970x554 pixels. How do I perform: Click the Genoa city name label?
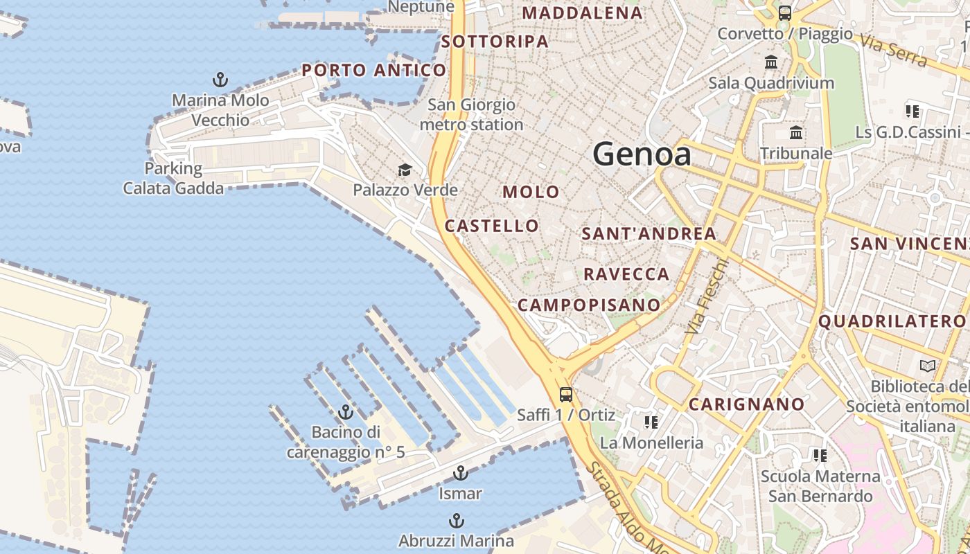642,154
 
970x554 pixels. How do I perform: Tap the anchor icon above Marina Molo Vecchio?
220,80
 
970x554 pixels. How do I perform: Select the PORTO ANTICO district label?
374,70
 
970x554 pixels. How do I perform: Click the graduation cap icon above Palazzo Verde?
405,170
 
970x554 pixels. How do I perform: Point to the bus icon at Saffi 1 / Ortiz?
566,395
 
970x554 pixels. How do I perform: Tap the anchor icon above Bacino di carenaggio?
346,413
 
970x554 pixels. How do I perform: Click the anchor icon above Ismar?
460,474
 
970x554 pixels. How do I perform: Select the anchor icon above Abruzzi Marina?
456,521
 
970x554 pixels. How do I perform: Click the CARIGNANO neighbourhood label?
747,404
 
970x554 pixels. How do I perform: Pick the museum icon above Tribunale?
796,132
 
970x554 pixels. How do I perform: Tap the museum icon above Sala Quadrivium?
771,62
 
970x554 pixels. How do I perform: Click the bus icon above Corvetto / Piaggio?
785,13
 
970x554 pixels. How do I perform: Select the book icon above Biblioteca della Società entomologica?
927,366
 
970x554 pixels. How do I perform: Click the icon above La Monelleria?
651,422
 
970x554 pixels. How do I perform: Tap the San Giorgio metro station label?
471,115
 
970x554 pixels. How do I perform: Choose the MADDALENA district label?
582,13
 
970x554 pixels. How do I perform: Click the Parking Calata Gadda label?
173,178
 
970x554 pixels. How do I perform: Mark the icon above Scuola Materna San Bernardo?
820,456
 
